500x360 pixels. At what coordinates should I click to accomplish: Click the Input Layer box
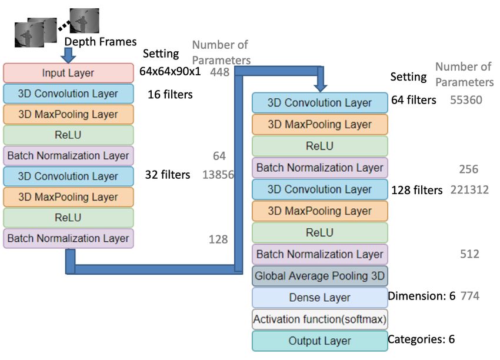tap(68, 73)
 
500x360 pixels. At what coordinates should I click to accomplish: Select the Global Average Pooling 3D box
tap(320, 276)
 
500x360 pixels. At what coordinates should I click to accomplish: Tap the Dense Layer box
tap(320, 298)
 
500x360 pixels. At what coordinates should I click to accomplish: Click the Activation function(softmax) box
tap(320, 319)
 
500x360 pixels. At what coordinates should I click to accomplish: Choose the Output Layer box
tap(320, 341)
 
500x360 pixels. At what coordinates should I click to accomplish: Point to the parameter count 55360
tap(466, 100)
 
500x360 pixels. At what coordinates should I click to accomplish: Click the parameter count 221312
tap(469, 190)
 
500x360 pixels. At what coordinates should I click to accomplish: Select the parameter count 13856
tap(218, 175)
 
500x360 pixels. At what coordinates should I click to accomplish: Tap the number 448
tap(220, 72)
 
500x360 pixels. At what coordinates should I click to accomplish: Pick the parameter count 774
tap(470, 296)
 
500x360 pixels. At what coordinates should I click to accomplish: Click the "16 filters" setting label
tap(170, 94)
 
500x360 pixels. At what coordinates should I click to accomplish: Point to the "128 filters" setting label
tap(417, 190)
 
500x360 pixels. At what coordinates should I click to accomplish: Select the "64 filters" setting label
tap(414, 100)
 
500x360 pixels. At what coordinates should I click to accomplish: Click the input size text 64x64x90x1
tap(170, 71)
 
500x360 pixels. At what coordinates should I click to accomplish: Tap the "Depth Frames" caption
tap(101, 42)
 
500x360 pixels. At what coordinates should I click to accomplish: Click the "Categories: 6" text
tap(421, 339)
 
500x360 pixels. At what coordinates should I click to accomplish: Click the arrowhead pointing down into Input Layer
tap(68, 59)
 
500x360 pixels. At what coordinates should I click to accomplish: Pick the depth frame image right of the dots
tap(85, 21)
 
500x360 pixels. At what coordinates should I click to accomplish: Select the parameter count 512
tap(470, 254)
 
